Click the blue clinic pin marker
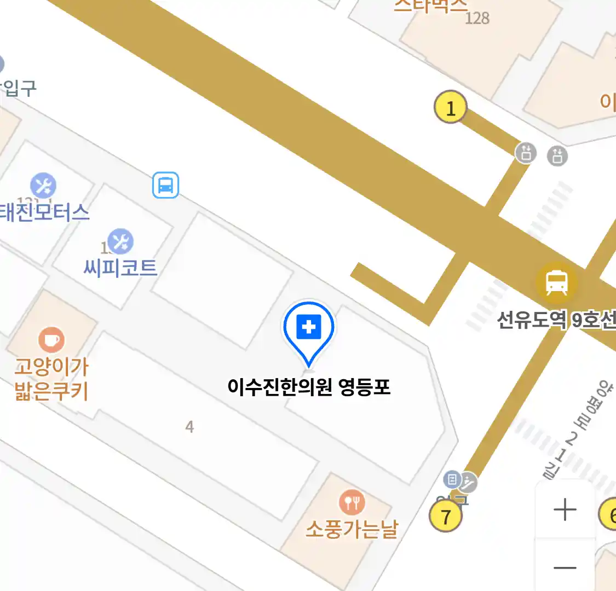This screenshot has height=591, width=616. pos(309,328)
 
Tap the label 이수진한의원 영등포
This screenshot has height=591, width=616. pos(309,387)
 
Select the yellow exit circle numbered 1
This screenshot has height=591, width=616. pos(450,107)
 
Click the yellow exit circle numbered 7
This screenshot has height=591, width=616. pos(446,516)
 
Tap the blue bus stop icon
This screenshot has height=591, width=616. pos(165,185)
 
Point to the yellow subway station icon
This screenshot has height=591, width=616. pos(556,282)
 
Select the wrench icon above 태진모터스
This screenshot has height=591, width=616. pos(43,186)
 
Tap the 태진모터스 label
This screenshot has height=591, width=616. pos(44,212)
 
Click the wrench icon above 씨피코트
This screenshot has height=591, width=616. pos(120,241)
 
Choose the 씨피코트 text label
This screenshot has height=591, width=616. pos(120,268)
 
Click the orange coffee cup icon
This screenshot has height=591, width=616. pos(51,340)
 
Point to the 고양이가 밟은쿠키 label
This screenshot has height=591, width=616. pos(51,379)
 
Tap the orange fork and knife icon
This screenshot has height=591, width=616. pos(352,502)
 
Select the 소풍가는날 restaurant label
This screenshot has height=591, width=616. pos(352,529)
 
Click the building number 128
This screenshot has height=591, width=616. pos(476,19)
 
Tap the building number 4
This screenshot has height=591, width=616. pos(189,426)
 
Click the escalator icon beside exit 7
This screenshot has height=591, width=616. pos(468,482)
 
